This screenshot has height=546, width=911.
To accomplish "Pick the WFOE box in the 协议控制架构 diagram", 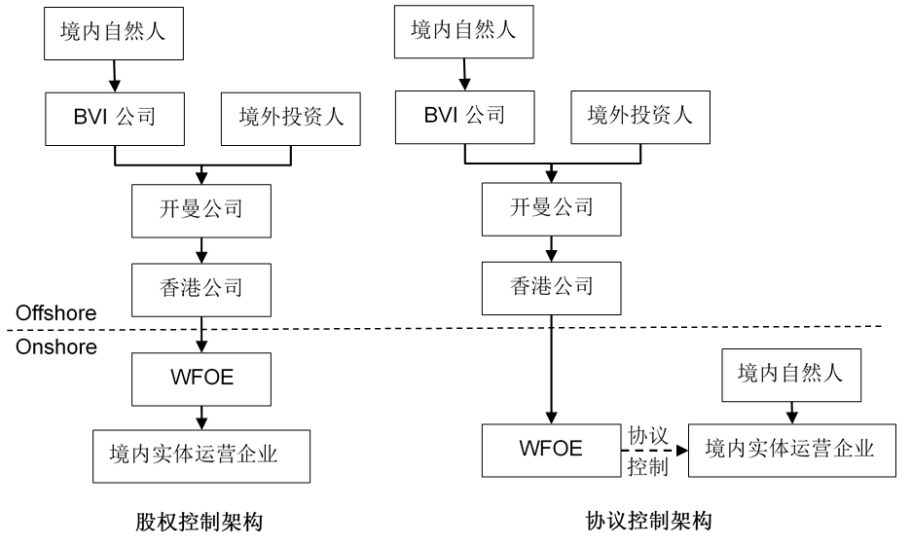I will [552, 450].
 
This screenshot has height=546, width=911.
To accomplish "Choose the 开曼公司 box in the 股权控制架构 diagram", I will [200, 209].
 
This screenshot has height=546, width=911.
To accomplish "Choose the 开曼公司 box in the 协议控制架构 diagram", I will [551, 209].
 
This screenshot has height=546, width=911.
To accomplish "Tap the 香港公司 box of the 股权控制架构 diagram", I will [200, 287].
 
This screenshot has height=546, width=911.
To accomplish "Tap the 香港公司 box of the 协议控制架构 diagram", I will [551, 287].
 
